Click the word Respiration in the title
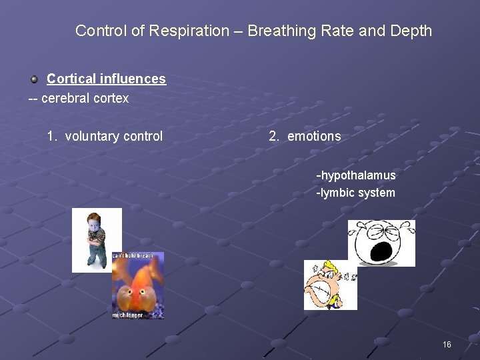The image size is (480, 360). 197,31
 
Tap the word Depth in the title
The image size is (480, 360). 412,31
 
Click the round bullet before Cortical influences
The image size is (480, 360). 34,79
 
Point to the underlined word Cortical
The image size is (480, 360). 71,79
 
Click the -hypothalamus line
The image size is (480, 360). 356,175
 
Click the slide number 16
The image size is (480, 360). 447,345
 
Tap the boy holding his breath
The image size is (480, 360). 96,239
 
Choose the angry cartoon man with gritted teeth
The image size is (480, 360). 329,285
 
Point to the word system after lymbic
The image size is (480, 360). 377,193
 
